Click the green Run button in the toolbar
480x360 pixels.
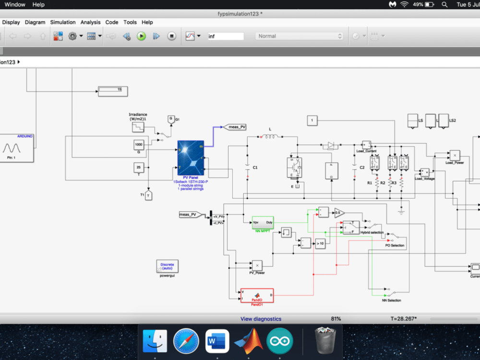[x=141, y=36]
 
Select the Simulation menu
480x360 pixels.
[x=63, y=22]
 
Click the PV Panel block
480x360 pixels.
[x=191, y=157]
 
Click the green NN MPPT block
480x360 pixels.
[x=263, y=223]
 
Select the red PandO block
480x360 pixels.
[x=257, y=296]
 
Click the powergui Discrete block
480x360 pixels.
[x=168, y=266]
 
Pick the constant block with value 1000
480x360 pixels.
[x=139, y=144]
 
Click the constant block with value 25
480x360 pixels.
[x=139, y=168]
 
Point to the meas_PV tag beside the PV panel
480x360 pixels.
[x=236, y=127]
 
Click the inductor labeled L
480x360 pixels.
[x=270, y=137]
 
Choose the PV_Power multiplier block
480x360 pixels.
[x=257, y=265]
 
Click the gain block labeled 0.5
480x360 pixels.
[x=339, y=213]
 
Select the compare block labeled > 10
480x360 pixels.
[x=320, y=244]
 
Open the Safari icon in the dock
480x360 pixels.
[x=186, y=341]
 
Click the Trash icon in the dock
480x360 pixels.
[x=324, y=341]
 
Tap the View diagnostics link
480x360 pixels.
[x=261, y=319]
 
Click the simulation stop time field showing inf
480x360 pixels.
[x=226, y=36]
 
